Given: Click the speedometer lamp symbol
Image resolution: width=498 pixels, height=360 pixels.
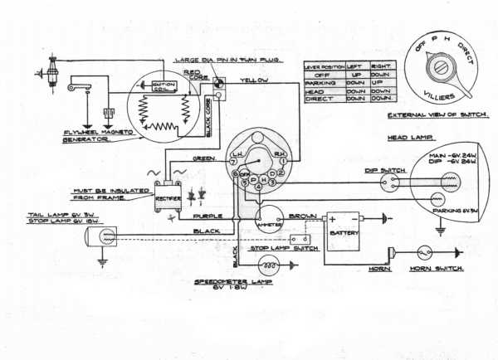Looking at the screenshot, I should [x=267, y=265].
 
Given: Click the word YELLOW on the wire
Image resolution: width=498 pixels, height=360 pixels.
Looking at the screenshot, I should [x=252, y=80].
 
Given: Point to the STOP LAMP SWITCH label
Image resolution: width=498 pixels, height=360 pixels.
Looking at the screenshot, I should [x=283, y=247].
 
